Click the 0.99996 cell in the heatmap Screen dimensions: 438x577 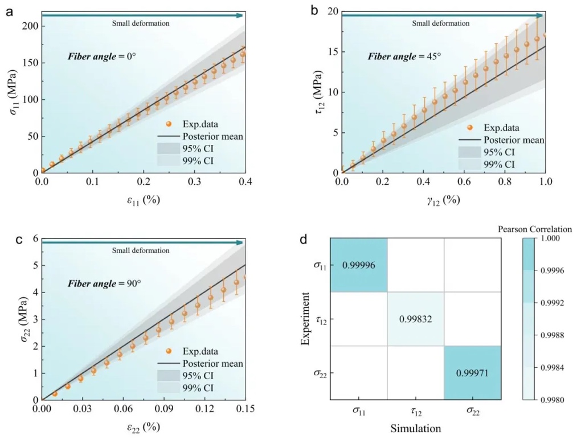coord(359,265)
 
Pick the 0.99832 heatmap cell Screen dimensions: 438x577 coord(415,319)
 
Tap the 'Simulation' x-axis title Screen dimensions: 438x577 coord(415,427)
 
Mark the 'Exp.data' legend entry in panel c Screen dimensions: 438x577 coord(200,351)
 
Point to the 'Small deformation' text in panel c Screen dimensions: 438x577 coord(141,250)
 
